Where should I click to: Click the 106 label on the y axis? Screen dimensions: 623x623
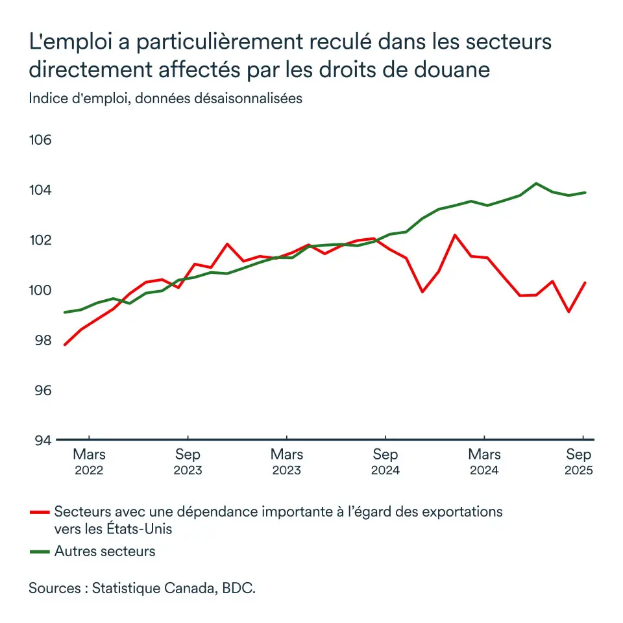coord(42,141)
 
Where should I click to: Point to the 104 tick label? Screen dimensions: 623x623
coord(42,191)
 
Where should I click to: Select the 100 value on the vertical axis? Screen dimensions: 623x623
coord(42,290)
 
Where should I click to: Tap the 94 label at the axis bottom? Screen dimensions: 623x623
coord(42,440)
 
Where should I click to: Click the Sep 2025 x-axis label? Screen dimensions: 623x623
coord(578,462)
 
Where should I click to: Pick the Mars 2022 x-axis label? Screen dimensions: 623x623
coord(89,462)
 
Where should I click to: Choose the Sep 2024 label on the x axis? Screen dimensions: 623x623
coord(385,462)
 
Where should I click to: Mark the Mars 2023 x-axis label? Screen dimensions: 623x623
coord(287,462)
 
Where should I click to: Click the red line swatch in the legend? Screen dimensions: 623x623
coord(40,512)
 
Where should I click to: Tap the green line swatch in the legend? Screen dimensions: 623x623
coord(40,552)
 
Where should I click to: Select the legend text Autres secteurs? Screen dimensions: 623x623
coord(105,552)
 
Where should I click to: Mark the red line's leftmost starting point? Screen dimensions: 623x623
coord(64,345)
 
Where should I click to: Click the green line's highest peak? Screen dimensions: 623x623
coord(536,183)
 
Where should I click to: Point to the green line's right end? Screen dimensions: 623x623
coord(585,192)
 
